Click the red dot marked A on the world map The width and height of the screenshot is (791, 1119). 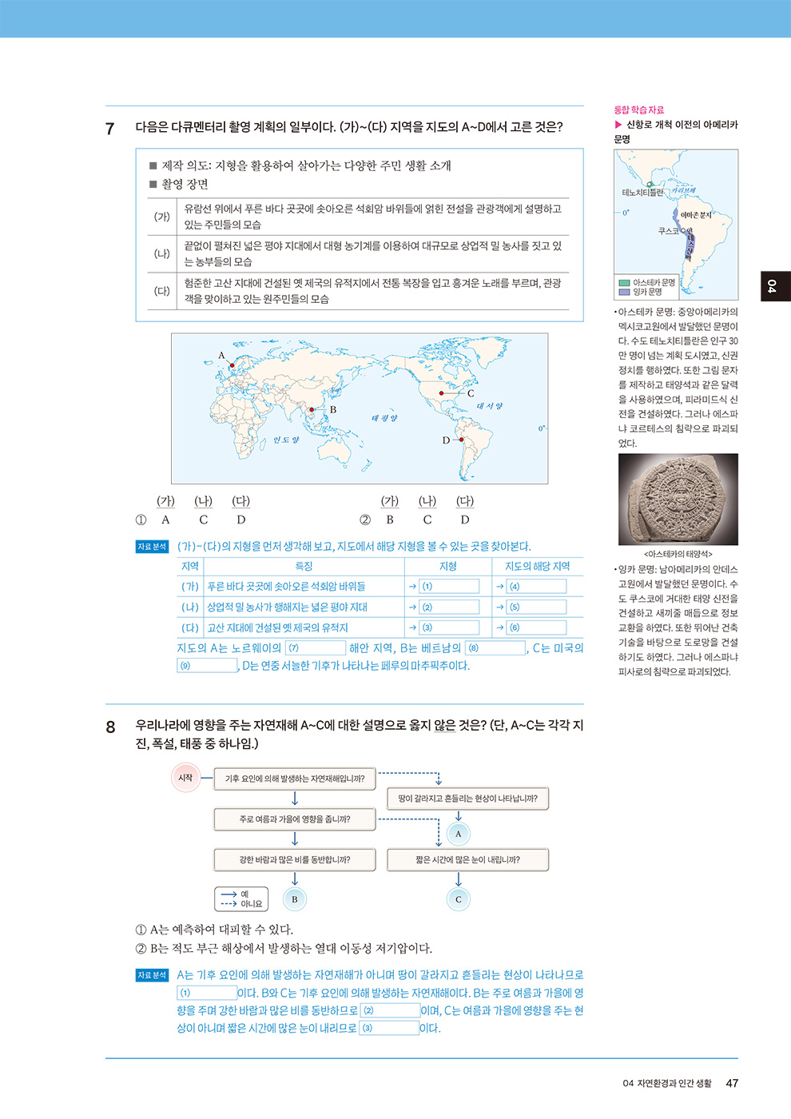[232, 366]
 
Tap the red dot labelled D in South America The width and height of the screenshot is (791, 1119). [461, 440]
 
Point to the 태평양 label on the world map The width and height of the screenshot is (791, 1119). [384, 418]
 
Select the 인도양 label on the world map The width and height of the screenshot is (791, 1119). [285, 440]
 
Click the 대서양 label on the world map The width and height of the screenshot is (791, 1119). [489, 406]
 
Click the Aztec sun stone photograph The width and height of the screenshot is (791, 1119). [678, 500]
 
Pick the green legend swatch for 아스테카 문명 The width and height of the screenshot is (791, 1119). [624, 282]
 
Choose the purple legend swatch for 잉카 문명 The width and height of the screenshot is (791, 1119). [624, 292]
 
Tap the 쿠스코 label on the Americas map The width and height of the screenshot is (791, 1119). [669, 231]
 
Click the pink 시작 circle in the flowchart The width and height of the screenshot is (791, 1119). [185, 778]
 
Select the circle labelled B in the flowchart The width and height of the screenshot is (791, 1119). [294, 899]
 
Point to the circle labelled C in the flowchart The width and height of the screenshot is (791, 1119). [458, 899]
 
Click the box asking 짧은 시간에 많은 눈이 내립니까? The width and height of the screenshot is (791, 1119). [467, 860]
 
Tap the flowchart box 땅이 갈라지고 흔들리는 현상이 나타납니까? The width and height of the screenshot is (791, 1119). [467, 798]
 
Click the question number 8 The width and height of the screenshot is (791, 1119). [111, 727]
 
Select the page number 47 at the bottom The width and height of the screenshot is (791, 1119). [732, 1083]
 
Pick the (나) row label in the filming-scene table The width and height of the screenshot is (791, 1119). [162, 254]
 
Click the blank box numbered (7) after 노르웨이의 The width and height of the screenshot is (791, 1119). [316, 647]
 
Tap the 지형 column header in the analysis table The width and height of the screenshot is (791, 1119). [448, 566]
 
